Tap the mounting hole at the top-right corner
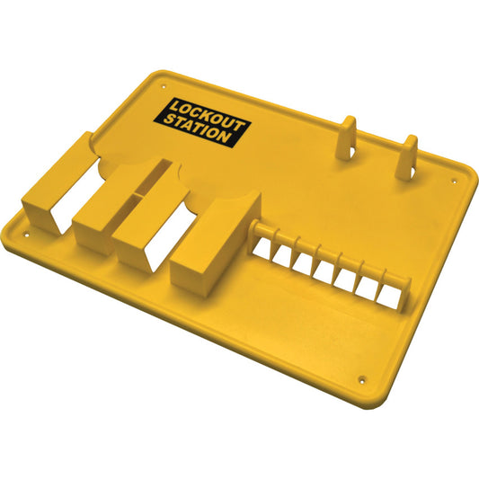tap(454, 179)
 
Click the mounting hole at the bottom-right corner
tap(362, 378)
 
